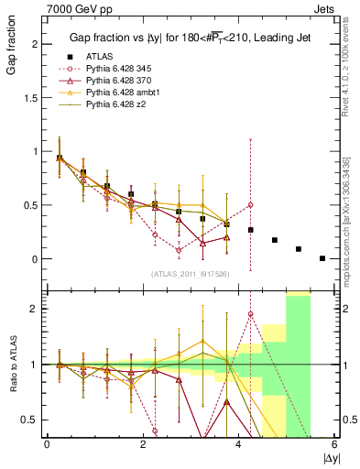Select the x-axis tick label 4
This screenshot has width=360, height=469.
point(239,444)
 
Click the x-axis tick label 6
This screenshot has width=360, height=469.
point(335,444)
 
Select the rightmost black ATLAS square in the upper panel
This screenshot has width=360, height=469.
point(322,258)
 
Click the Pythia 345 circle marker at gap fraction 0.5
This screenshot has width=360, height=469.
point(250,205)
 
